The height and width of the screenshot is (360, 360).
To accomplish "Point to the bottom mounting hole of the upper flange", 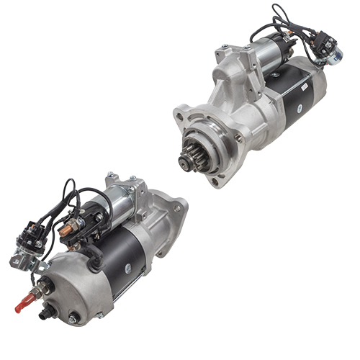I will [215, 181].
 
